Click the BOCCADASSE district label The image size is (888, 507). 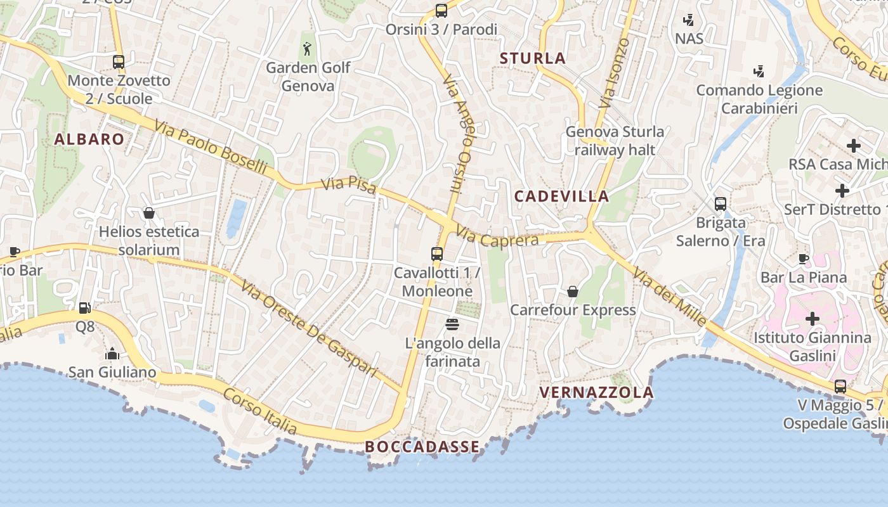point(422,447)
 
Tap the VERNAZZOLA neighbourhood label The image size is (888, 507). point(596,392)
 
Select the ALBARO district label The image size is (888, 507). point(89,139)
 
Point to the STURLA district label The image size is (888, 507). point(533,58)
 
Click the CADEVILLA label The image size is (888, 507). point(561,196)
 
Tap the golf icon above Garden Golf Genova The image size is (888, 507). point(308,48)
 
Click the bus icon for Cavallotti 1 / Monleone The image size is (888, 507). point(437,254)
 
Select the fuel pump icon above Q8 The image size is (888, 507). point(84,308)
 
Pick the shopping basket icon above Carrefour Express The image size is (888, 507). point(573,292)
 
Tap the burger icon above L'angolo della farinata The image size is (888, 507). point(452,324)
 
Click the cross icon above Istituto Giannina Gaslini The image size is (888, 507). point(813,318)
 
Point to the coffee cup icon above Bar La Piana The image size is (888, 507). point(804,259)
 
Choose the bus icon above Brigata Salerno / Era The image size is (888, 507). point(721,204)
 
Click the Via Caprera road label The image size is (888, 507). point(497,238)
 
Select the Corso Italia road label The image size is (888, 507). point(260,411)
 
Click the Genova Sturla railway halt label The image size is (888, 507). point(615,141)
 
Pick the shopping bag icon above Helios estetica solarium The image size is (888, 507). point(149,213)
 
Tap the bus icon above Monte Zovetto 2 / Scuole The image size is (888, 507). point(119,62)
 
